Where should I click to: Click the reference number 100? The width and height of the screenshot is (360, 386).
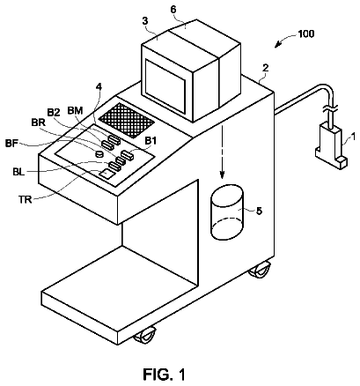click(306, 33)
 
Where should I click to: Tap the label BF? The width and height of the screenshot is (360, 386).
click(11, 144)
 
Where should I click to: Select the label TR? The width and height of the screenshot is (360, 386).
click(25, 200)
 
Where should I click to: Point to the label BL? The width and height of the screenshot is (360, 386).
click(18, 171)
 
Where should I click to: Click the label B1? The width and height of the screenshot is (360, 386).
click(151, 141)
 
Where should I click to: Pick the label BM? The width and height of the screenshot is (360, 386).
click(75, 110)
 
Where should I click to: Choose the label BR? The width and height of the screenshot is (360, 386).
click(38, 122)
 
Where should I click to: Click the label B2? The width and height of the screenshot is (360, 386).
click(54, 114)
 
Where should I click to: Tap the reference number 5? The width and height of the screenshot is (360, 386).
click(259, 211)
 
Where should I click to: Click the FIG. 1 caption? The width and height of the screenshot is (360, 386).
click(164, 375)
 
